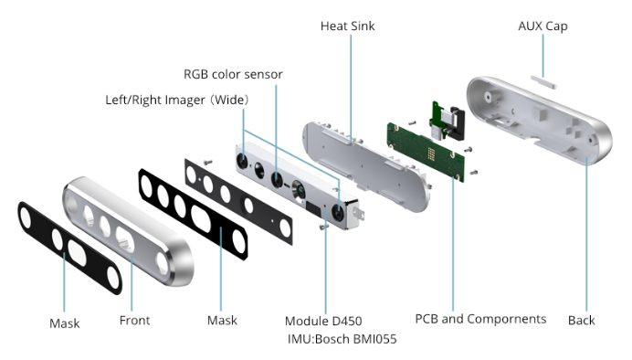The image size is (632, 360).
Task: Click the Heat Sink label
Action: pos(347,26)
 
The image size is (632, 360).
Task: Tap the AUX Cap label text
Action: pos(542,26)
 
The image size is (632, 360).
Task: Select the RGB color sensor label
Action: pos(233,74)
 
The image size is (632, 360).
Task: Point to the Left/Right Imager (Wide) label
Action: pos(177,100)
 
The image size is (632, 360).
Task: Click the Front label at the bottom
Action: pos(134,321)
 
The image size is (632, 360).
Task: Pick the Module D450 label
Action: pos(323,321)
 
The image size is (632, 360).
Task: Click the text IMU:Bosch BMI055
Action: pos(342,339)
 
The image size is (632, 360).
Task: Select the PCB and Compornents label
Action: pos(480,319)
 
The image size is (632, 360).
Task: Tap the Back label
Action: pos(581,321)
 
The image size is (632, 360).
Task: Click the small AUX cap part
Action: pos(543,82)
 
